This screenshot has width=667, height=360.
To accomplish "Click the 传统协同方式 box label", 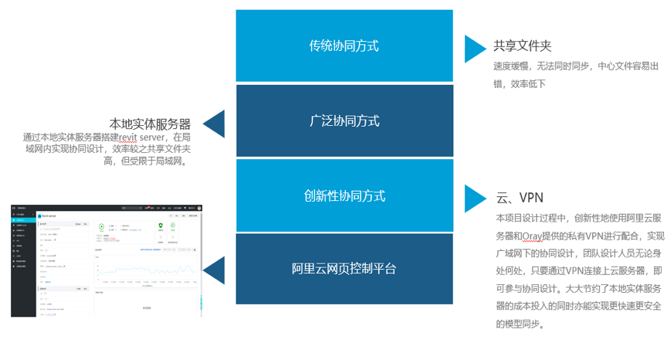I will (344, 46).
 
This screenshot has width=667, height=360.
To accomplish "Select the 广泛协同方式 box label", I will (344, 121).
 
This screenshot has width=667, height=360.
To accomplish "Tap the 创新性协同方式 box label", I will (344, 196).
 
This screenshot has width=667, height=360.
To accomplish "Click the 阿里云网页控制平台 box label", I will (344, 269).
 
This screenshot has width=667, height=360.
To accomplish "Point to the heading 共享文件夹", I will (523, 46).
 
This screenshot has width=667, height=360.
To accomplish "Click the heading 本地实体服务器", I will (150, 124).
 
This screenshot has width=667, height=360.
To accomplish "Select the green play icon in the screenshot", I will (101, 227).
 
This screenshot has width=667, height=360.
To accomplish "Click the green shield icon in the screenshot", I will (161, 226).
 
